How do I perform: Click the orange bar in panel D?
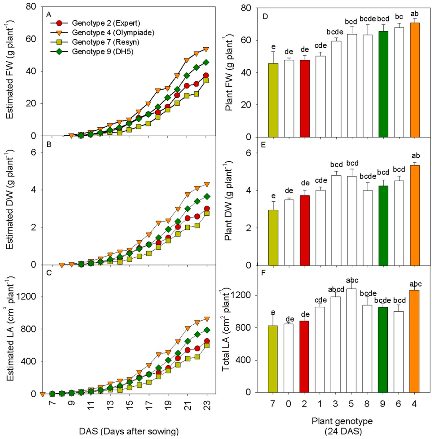click(415, 80)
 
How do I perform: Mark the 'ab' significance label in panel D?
click(415, 13)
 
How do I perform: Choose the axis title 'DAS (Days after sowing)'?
click(128, 431)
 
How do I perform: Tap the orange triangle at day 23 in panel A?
click(206, 49)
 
